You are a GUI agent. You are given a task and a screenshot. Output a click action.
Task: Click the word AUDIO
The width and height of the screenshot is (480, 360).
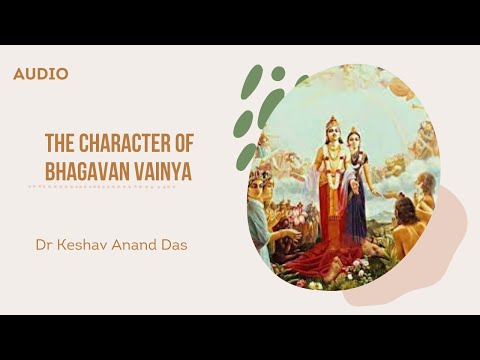click(41, 74)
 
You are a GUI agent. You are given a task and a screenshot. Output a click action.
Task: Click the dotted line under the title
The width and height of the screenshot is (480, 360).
click(109, 187)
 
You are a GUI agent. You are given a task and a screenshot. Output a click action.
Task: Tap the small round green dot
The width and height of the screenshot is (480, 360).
click(278, 73)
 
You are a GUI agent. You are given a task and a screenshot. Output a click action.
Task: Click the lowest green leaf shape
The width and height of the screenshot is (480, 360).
click(247, 156)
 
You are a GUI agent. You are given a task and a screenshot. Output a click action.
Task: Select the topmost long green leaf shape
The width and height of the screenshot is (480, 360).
click(252, 82)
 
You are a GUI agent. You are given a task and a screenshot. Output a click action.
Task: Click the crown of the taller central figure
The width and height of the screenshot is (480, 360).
click(331, 121)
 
